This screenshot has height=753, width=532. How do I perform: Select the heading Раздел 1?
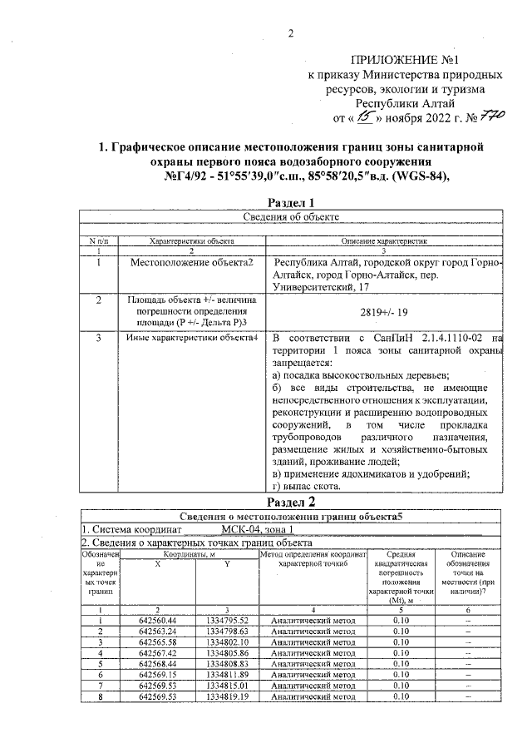click(292, 202)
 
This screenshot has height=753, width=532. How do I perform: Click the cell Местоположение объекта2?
click(191, 262)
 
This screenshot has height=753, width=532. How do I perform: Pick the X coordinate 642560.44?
click(163, 620)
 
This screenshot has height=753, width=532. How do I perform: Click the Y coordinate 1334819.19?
click(228, 696)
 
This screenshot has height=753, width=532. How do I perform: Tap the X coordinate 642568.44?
click(163, 663)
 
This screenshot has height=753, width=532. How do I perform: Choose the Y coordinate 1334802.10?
click(228, 642)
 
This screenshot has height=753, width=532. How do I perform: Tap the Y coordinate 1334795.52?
click(228, 620)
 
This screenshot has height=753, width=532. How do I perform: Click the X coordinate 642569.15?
click(163, 674)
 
